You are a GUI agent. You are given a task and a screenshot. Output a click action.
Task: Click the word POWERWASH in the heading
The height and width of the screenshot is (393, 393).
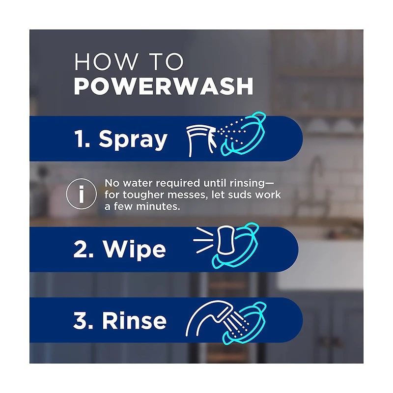click(x=164, y=85)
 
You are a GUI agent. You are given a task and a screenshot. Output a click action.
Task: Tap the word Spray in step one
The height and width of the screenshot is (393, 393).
click(x=133, y=140)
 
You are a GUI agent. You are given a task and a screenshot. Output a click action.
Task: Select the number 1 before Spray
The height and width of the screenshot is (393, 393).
click(x=81, y=139)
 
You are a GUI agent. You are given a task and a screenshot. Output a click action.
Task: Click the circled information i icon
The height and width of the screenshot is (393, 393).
click(x=81, y=195)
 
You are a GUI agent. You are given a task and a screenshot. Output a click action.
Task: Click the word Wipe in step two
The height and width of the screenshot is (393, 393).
click(x=134, y=250)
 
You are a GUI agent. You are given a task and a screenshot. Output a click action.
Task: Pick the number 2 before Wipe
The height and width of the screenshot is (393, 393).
click(x=80, y=250)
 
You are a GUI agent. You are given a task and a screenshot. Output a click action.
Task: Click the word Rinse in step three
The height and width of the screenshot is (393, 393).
click(x=134, y=321)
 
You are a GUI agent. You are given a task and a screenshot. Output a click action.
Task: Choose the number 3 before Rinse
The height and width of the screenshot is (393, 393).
click(x=80, y=321)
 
